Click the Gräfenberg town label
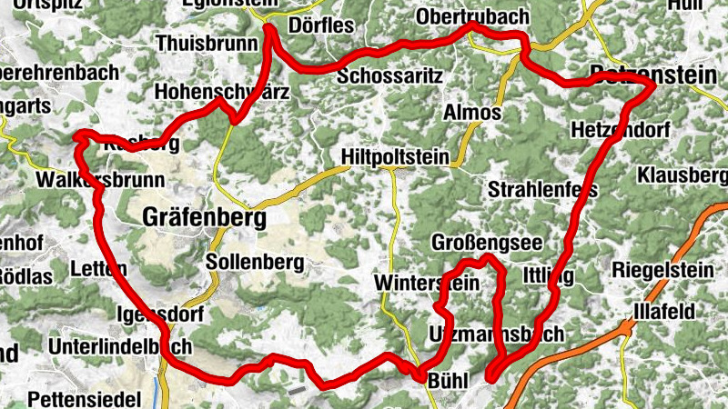(205, 219)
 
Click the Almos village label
(471, 114)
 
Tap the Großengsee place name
(487, 243)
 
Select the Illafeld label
(665, 312)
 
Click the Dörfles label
(322, 25)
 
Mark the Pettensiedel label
(85, 399)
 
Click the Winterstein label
(426, 284)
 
